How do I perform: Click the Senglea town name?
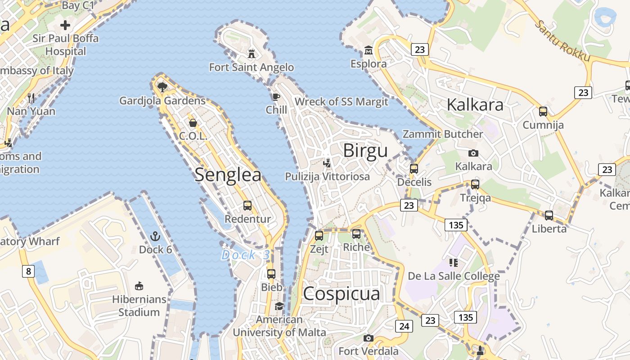[x=228, y=175]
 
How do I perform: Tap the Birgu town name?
[x=365, y=150]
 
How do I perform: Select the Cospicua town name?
[x=341, y=294]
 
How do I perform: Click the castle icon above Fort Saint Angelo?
[x=252, y=54]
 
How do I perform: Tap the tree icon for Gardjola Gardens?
[x=162, y=87]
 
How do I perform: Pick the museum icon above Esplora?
[x=369, y=50]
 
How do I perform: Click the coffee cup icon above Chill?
[x=276, y=97]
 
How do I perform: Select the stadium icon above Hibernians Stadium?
[x=139, y=286]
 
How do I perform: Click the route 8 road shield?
[x=28, y=271]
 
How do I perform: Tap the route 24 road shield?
[x=404, y=326]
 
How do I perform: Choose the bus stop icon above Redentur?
[x=247, y=206]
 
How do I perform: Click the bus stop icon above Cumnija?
[x=543, y=111]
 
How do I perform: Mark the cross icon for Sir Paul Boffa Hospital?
[x=65, y=25]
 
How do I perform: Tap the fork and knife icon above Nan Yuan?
[x=31, y=98]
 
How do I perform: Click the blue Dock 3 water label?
[x=246, y=255]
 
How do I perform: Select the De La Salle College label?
[x=454, y=276]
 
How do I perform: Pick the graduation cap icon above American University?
[x=279, y=306]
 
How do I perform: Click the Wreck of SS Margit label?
[x=341, y=102]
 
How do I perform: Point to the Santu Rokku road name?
[x=562, y=40]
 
